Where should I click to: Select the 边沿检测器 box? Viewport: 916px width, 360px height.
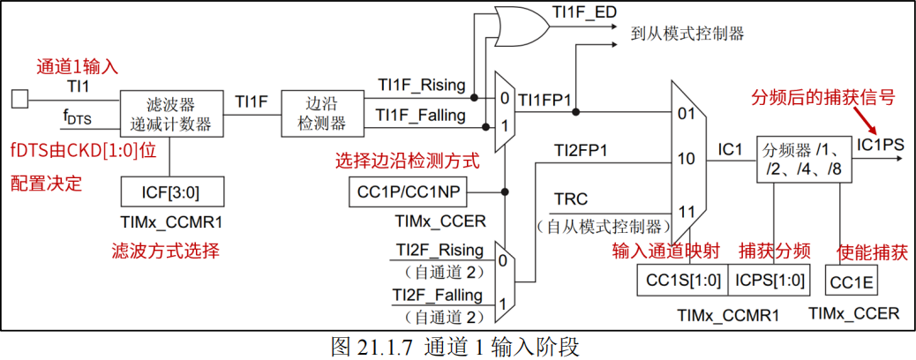315,113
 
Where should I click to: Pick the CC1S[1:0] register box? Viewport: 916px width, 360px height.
683,281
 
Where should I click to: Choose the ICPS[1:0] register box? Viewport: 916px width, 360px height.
770,281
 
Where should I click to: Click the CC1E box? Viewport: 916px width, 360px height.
851,281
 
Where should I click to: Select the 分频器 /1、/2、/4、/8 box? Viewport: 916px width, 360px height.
804,160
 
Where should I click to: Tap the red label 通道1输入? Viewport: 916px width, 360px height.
77,67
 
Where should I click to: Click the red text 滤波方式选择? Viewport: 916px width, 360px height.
165,251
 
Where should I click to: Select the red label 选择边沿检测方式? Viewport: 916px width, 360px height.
408,161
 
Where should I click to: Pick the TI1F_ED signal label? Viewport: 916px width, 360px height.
584,11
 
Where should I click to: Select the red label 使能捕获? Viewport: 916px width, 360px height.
872,251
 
